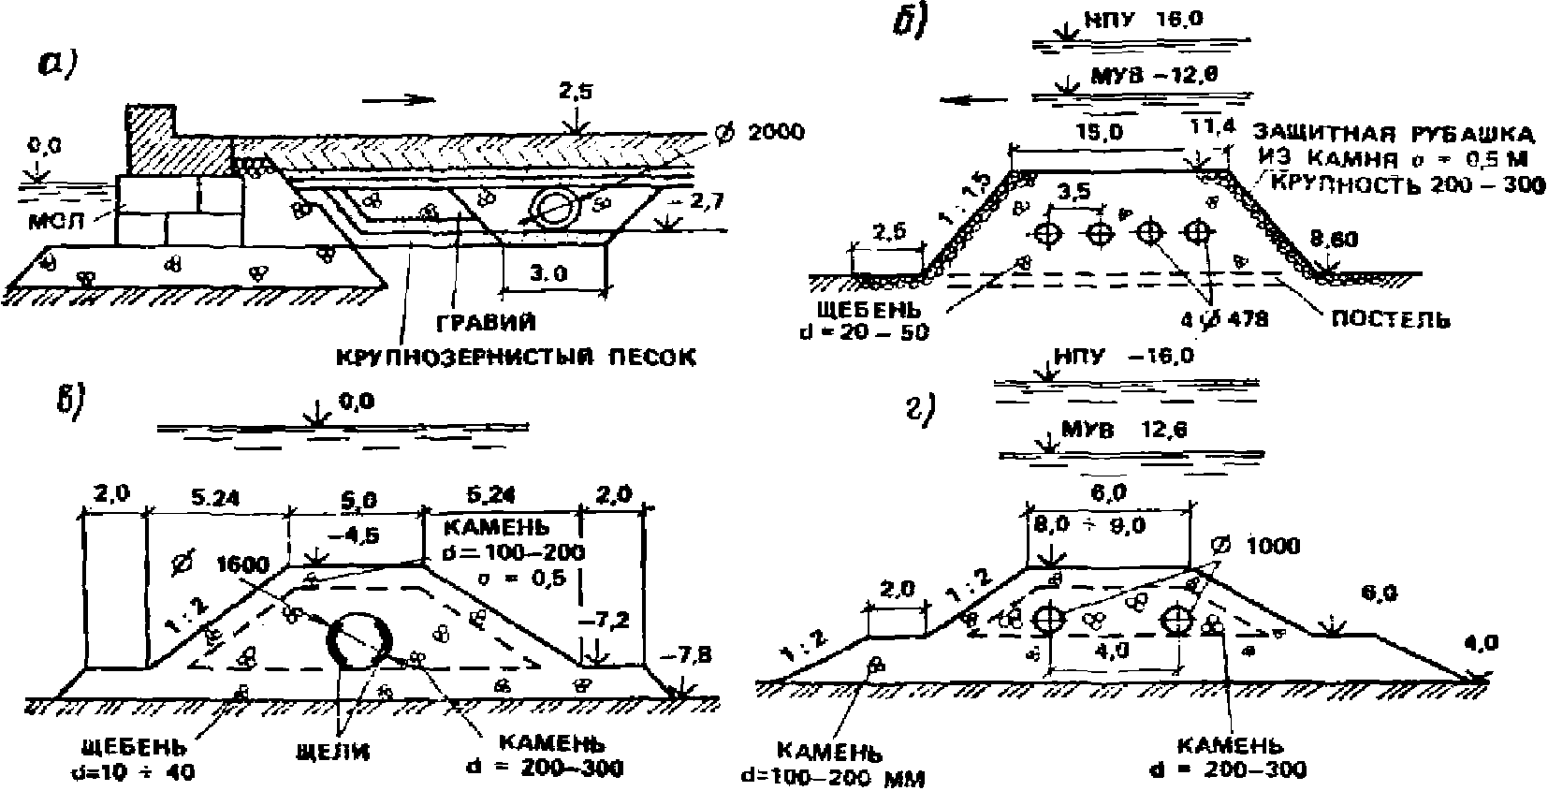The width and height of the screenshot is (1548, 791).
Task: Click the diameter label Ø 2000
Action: pos(758,132)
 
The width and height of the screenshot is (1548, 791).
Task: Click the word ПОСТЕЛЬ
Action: pos(1390,319)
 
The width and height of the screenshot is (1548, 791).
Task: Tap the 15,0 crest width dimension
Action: pos(1099,132)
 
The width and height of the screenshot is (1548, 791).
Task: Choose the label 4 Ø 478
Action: pos(1224,319)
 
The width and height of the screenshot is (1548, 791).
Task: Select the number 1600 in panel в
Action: pos(241,564)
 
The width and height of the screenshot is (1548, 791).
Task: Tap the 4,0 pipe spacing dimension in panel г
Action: pos(1111,652)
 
